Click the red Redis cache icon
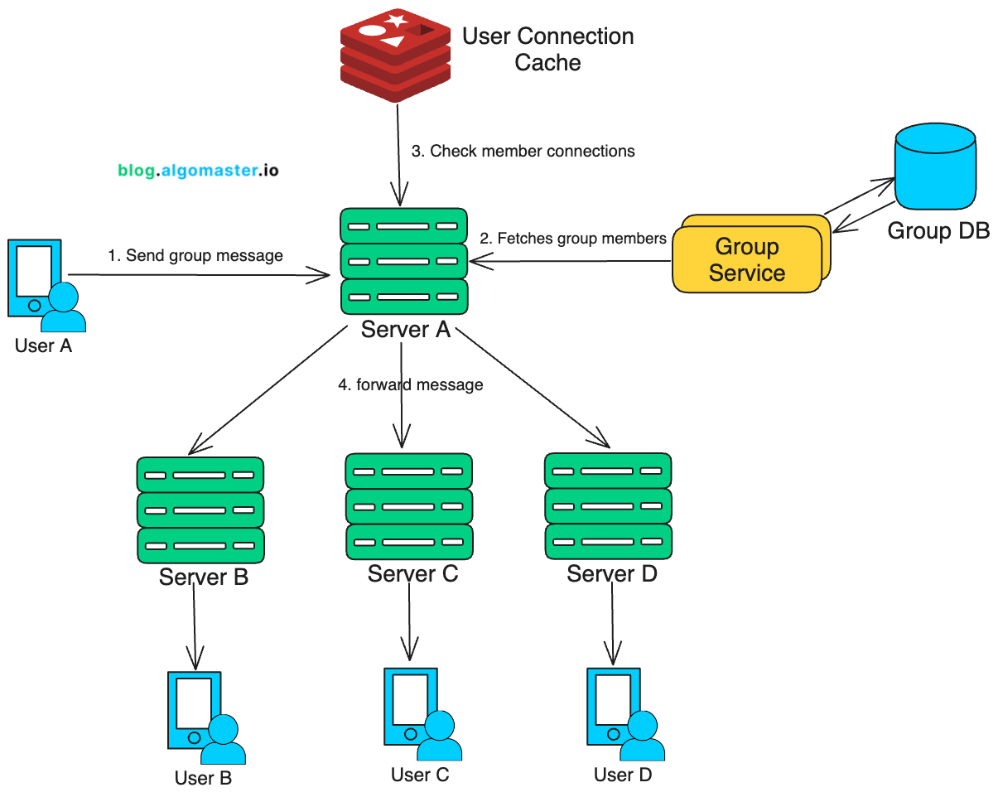(395, 54)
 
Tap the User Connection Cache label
(547, 50)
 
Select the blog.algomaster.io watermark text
(198, 171)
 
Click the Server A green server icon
(403, 261)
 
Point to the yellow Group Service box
(748, 258)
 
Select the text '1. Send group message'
(195, 256)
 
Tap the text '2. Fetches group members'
(573, 239)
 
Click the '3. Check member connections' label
(523, 151)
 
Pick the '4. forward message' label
(411, 384)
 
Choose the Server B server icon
(200, 510)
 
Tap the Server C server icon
(408, 506)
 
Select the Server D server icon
(608, 505)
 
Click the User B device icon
(204, 717)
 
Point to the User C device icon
(419, 714)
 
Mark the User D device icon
(622, 714)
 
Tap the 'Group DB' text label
(938, 230)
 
